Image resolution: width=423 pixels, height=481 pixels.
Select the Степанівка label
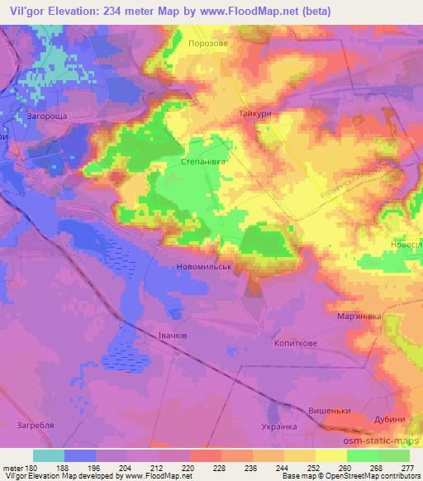coord(203,163)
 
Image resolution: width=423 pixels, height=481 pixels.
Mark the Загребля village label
coord(36,427)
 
